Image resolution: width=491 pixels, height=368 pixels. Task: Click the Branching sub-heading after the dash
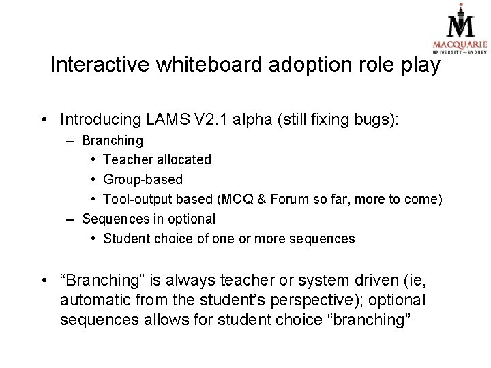pos(113,140)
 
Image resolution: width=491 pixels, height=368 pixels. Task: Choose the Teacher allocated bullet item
pos(157,159)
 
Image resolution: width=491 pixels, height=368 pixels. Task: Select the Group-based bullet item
pos(143,179)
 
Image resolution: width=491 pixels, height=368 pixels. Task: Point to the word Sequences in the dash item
pos(113,219)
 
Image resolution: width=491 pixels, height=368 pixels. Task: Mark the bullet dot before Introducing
pos(43,120)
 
